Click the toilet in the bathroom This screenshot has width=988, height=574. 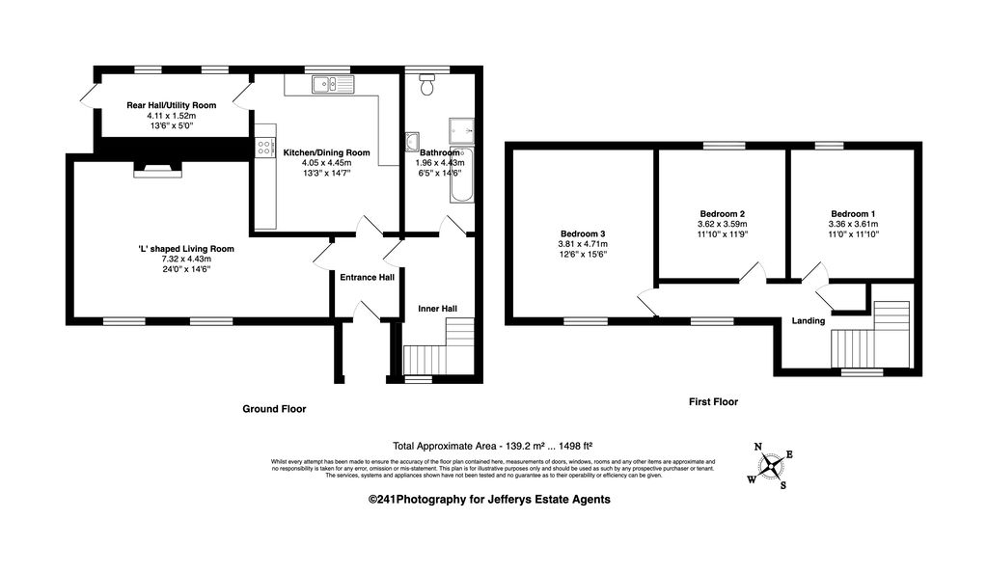(427, 84)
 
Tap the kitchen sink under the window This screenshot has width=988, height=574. (333, 84)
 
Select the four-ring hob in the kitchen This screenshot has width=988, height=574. (265, 148)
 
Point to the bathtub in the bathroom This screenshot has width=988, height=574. (462, 176)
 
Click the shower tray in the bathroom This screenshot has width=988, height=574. (462, 130)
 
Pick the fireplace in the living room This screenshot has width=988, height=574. (157, 169)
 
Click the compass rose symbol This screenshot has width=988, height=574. (770, 466)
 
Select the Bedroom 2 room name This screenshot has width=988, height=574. (722, 213)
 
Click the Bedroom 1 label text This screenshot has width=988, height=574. (853, 213)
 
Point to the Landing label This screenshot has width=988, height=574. (809, 320)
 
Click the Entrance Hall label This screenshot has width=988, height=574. (368, 277)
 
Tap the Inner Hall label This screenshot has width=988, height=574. (437, 309)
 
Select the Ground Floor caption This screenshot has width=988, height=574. (274, 409)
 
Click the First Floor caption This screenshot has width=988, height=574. (713, 401)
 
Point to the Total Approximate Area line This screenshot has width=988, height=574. (492, 446)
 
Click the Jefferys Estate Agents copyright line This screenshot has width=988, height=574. (489, 500)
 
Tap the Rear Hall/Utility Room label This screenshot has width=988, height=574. (172, 105)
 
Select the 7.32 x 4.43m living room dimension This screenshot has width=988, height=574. (186, 259)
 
